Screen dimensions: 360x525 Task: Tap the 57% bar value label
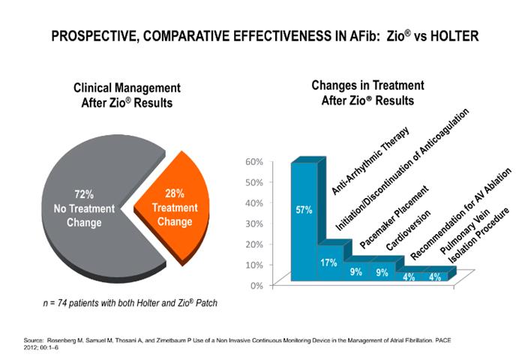pos(304,210)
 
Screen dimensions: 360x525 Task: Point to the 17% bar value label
pos(328,262)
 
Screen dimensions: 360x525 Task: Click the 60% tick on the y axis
pos(253,161)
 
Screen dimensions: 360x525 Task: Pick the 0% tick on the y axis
pos(256,286)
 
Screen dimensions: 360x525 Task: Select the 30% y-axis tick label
pos(253,223)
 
